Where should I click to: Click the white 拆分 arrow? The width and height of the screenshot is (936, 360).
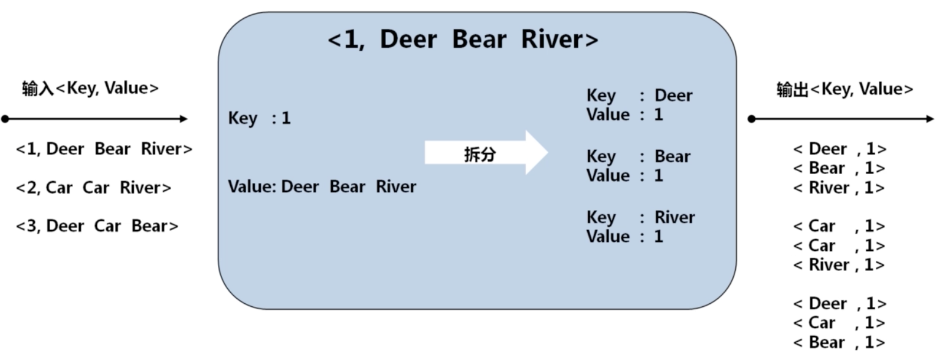(x=486, y=152)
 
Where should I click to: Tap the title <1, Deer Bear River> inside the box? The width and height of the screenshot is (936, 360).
(x=463, y=40)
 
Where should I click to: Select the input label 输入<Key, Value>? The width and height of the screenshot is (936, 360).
(x=90, y=88)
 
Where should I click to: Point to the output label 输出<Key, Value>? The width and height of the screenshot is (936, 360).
(x=845, y=89)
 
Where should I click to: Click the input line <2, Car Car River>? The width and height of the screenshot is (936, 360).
(x=94, y=188)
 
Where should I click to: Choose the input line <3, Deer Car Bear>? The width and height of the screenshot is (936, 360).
(x=97, y=226)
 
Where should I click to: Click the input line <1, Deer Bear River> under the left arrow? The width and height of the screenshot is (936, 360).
(x=104, y=149)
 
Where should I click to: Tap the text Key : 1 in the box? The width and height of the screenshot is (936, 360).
(x=259, y=118)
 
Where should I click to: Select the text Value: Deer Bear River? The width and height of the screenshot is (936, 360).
(x=322, y=186)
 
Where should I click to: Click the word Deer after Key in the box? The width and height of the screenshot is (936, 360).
(x=673, y=95)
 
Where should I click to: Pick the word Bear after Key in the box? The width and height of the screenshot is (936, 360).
(x=672, y=156)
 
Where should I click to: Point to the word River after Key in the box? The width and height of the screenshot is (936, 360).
(x=675, y=217)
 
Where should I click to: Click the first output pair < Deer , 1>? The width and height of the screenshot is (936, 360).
(x=839, y=149)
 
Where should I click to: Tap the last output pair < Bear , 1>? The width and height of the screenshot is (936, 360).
(x=839, y=342)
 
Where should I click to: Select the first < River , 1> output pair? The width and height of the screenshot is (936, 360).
(x=839, y=188)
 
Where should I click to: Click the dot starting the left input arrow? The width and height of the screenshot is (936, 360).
(x=5, y=119)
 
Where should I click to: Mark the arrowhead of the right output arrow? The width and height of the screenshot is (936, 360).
(x=930, y=119)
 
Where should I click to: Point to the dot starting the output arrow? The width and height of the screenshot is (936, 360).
(x=751, y=119)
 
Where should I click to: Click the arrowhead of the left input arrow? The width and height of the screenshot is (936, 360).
(x=184, y=119)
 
